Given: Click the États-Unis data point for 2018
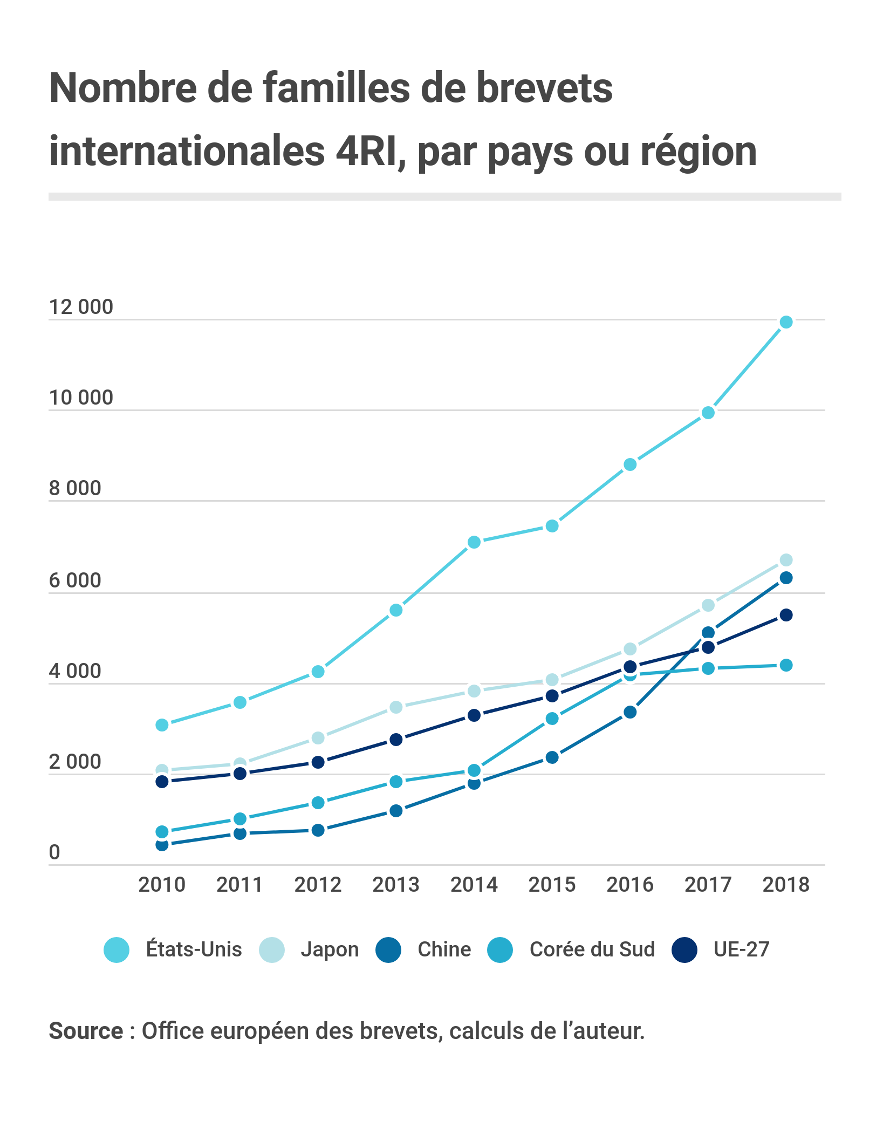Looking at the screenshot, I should pyautogui.click(x=786, y=322).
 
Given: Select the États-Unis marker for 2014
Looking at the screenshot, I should pyautogui.click(x=474, y=542).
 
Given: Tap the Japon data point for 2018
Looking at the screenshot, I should pyautogui.click(x=786, y=560).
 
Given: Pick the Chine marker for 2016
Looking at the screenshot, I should pyautogui.click(x=630, y=713).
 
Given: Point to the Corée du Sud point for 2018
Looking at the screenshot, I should pyautogui.click(x=786, y=665).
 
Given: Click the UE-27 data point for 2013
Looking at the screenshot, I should pyautogui.click(x=396, y=740).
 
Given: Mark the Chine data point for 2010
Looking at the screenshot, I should pyautogui.click(x=162, y=845).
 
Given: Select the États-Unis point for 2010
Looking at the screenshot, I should pyautogui.click(x=162, y=725).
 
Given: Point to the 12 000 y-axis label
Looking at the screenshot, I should pyautogui.click(x=81, y=307).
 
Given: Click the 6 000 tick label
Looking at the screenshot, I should pyautogui.click(x=75, y=580).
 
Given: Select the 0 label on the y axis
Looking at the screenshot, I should pyautogui.click(x=54, y=852).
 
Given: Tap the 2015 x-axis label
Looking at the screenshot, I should pyautogui.click(x=552, y=885).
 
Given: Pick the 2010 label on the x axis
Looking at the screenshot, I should pyautogui.click(x=162, y=885).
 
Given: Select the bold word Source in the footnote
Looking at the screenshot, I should pyautogui.click(x=86, y=1031).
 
